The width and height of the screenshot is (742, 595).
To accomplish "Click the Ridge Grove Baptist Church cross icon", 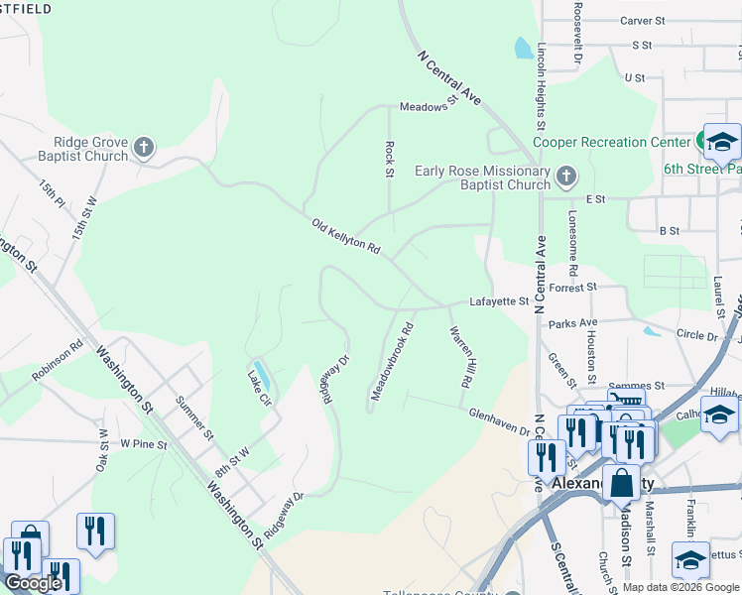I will [x=144, y=149].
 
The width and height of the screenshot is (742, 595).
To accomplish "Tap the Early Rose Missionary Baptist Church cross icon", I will [x=565, y=177].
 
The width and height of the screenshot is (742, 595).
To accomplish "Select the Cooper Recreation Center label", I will [x=611, y=142].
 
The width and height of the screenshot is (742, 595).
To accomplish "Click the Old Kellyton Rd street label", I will [x=345, y=236].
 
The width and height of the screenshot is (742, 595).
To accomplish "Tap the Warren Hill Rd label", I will [x=458, y=356].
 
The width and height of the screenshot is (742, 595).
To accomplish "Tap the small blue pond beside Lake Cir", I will [x=261, y=375].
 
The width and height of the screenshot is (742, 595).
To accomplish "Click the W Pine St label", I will [x=144, y=444].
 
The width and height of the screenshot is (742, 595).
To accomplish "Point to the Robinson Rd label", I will [x=58, y=362].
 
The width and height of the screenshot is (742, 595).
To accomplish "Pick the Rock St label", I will [x=389, y=159].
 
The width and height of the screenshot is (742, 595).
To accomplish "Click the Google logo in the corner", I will [x=33, y=583].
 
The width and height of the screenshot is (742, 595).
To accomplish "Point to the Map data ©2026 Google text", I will [x=680, y=587].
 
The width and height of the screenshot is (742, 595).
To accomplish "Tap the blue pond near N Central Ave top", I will [x=522, y=48].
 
